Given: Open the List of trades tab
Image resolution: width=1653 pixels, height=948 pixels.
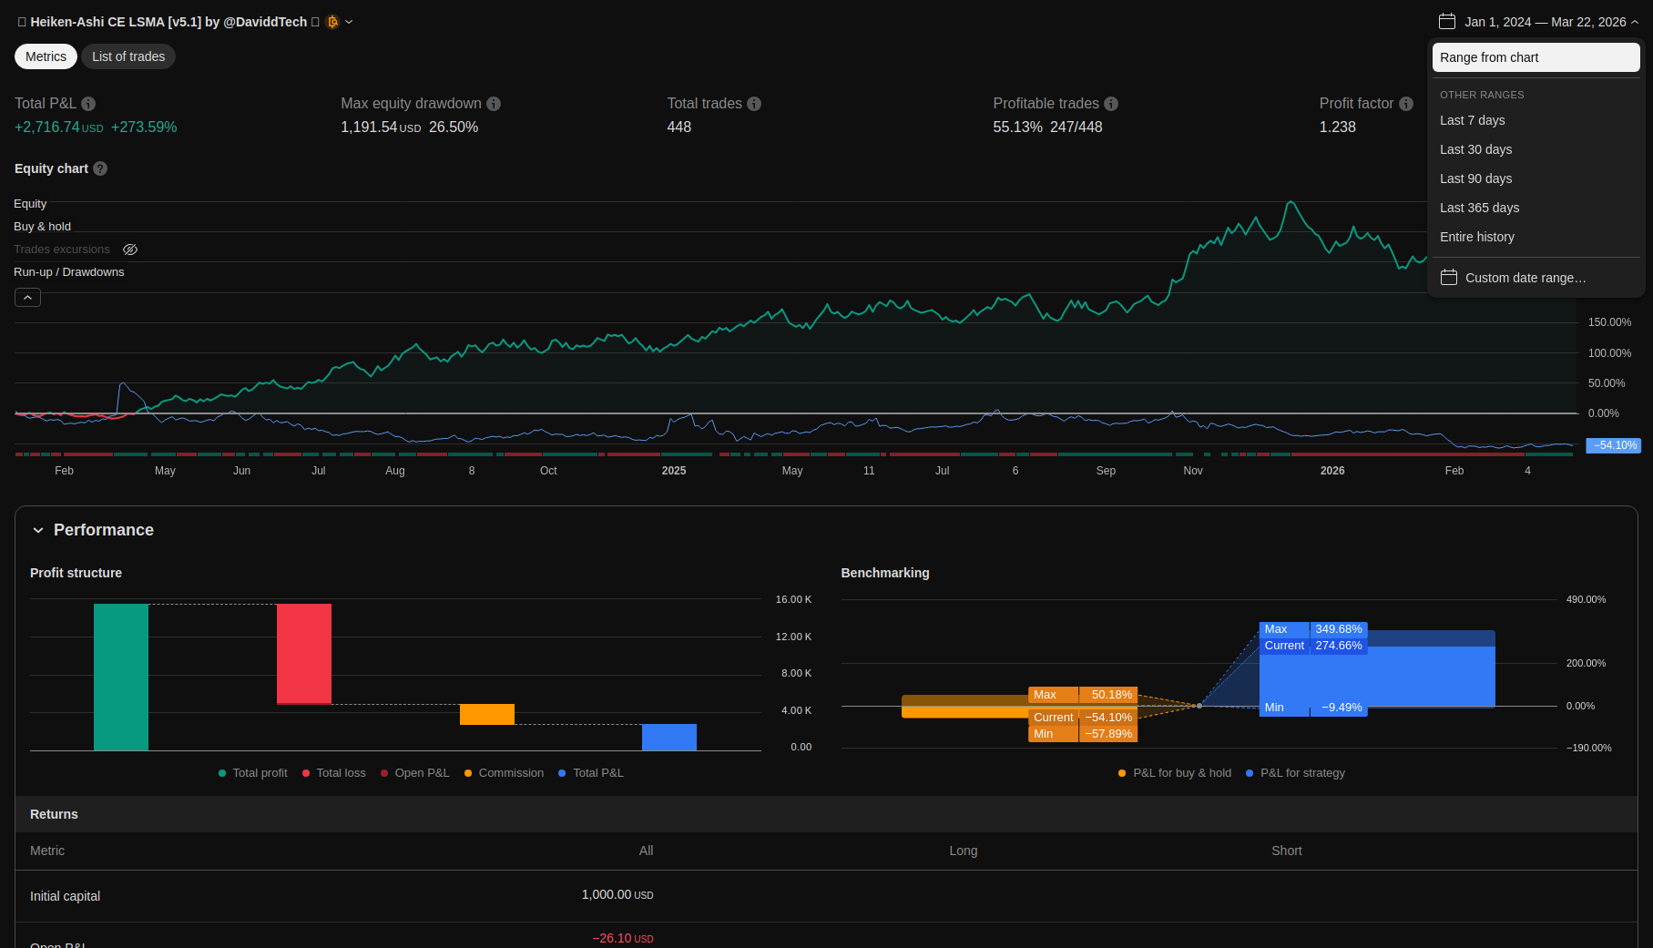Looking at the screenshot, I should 128,56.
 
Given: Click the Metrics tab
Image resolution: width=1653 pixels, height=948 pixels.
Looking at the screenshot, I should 46,56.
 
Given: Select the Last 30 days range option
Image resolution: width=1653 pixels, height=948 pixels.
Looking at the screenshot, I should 1475,149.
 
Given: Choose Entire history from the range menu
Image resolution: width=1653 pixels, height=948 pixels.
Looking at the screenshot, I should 1476,237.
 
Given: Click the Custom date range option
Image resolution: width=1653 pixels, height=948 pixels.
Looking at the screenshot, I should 1525,278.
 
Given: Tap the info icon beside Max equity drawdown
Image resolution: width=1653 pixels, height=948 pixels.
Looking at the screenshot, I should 494,104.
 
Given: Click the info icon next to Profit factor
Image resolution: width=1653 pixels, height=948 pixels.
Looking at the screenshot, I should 1406,104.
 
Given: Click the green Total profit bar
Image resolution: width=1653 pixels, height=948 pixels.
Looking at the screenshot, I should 121,677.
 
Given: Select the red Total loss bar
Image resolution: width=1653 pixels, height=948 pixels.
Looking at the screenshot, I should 304,653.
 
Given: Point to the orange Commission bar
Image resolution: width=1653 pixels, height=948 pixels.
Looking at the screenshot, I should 487,714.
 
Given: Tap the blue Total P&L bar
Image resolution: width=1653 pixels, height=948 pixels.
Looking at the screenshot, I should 669,737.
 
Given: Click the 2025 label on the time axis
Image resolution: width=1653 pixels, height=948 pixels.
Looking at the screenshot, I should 674,471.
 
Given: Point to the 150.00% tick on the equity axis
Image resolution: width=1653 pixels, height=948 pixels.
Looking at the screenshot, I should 1609,322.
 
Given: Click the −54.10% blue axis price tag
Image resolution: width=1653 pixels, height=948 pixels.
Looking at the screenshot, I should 1613,445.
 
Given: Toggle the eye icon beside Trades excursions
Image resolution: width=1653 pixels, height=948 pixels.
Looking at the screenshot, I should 130,250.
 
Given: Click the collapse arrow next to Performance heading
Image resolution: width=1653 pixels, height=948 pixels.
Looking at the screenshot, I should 38,530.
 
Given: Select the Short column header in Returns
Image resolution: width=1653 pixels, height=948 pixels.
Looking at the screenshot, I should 1286,851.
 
